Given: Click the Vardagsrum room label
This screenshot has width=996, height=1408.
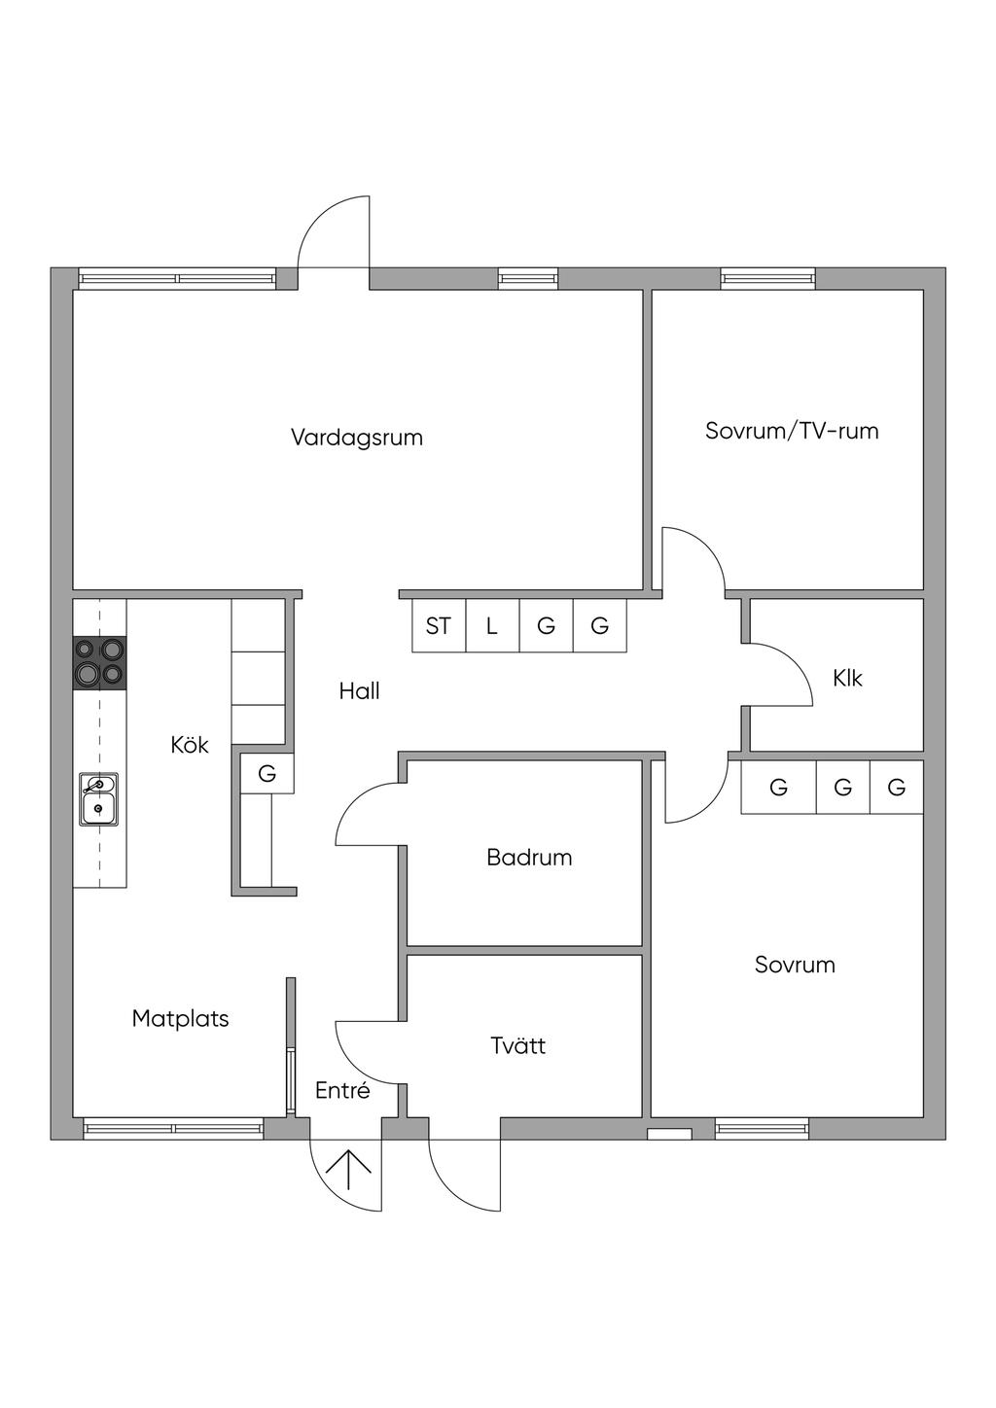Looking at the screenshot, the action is point(357,438).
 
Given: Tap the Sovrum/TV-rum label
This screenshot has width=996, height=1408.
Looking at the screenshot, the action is point(792,431).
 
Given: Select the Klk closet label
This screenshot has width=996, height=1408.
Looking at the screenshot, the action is point(847,678).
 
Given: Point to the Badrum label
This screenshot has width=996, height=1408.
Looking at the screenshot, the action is point(529,858).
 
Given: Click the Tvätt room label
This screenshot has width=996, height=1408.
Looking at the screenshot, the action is point(518,1045).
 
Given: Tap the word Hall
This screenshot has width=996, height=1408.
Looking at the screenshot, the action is point(359,691).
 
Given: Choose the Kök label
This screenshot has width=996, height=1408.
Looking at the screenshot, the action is point(190,745).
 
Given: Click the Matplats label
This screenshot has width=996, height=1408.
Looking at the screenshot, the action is point(181,1018).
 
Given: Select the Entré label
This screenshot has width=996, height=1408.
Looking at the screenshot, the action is point(342,1090).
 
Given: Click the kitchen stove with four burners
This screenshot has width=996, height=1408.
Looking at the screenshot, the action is point(99,663).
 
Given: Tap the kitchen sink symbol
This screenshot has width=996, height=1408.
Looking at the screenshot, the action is point(98,799).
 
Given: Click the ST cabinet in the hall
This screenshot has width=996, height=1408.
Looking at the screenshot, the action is point(439,625).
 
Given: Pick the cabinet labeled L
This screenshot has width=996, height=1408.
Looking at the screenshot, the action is point(492,625).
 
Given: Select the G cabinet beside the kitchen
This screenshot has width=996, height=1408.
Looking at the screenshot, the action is point(267,772).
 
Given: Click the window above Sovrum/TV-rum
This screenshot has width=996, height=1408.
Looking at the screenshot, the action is point(767,278).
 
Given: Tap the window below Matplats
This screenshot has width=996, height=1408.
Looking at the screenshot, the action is point(173,1128).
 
